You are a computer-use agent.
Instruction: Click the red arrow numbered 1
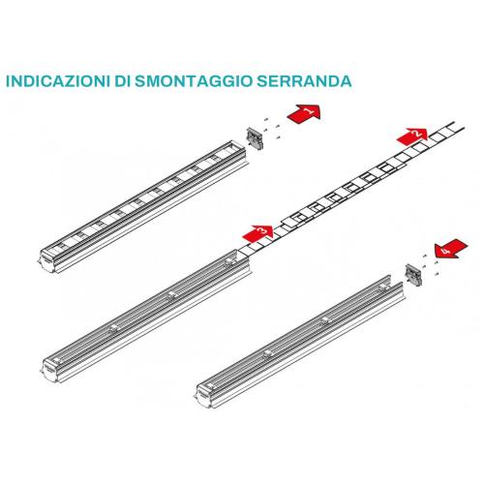[x=304, y=113]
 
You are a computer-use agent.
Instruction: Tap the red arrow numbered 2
[x=412, y=136]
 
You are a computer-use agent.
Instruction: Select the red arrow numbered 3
[x=258, y=233]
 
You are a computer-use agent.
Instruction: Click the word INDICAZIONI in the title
[x=58, y=81]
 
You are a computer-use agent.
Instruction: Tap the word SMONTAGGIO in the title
[x=193, y=81]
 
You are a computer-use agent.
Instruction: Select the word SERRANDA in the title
[x=304, y=81]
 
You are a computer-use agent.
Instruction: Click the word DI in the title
[x=123, y=81]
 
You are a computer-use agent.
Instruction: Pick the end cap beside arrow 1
[x=255, y=138]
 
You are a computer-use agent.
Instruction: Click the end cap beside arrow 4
[x=413, y=274]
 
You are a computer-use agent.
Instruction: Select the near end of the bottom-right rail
[x=206, y=395]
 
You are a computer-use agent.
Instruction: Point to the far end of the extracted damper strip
[x=459, y=126]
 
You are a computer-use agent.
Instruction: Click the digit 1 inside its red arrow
[x=308, y=111]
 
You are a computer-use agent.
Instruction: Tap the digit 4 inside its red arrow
[x=446, y=250]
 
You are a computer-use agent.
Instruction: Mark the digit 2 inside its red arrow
[x=417, y=133]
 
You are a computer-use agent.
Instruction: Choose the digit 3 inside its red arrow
[x=262, y=230]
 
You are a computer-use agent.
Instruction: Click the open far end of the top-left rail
[x=238, y=146]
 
